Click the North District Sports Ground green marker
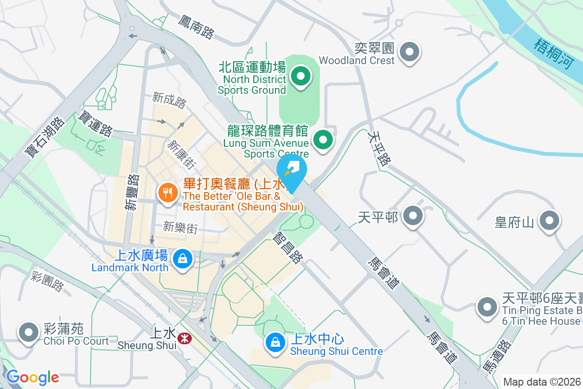click(301, 76)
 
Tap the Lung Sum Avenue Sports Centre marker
click(323, 140)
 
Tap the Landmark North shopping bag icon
click(182, 258)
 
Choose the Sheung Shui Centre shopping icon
click(275, 342)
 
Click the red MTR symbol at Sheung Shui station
click(184, 338)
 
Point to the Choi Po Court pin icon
click(28, 332)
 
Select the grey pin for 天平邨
click(413, 215)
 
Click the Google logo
click(32, 377)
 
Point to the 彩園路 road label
click(47, 282)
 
